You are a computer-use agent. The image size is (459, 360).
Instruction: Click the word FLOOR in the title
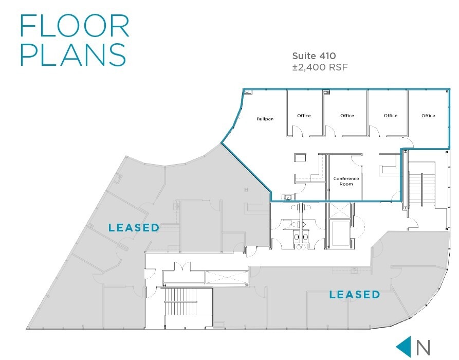[75, 26]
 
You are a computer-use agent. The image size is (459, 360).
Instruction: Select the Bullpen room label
[265, 119]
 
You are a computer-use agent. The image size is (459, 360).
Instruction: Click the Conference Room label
[346, 181]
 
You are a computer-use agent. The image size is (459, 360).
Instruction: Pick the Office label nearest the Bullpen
[304, 116]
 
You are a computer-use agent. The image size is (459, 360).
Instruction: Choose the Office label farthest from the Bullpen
[428, 116]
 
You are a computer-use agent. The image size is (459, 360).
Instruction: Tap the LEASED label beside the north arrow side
[354, 295]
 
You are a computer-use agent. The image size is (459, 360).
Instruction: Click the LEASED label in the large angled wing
[134, 227]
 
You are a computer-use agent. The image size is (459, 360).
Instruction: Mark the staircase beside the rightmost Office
[421, 188]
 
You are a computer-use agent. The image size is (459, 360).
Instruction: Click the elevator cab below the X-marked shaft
[340, 234]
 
